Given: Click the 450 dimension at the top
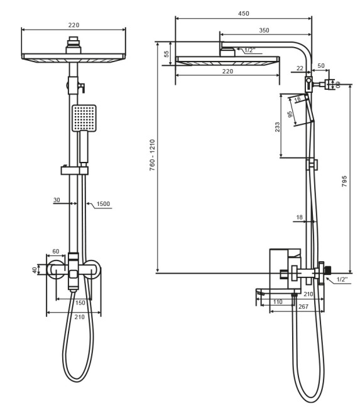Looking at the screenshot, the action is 243,13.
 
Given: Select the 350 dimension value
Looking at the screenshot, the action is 264,30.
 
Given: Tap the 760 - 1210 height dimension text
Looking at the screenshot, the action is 152,155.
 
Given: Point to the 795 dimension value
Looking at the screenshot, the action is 344,181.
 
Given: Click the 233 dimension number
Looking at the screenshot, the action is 277,127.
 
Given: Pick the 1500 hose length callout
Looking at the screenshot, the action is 103,204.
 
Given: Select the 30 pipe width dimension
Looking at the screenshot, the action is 57,200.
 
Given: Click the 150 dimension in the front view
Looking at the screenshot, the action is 80,303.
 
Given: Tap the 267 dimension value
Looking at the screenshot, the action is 303,306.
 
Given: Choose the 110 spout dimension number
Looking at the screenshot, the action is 278,302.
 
